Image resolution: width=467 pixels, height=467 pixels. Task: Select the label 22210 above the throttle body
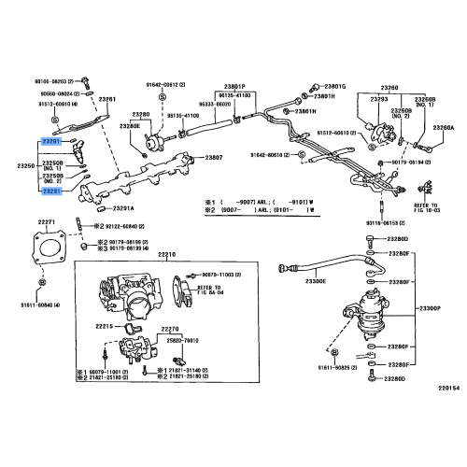[167, 253]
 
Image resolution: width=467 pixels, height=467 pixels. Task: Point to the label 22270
[170, 328]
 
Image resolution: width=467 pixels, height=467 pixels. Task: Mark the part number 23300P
[431, 308]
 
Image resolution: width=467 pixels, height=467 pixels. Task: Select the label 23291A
[123, 207]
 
